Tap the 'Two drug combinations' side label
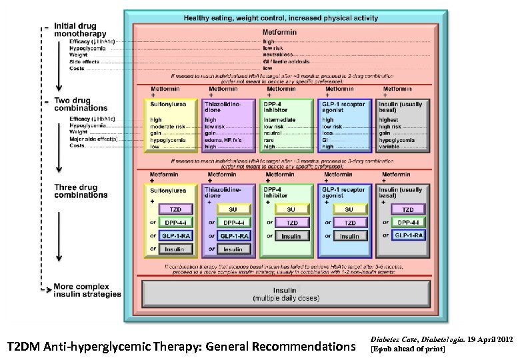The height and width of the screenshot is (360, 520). point(81,103)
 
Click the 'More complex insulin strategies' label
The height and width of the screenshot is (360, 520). point(88,290)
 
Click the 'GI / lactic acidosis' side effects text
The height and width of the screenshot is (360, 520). point(283,61)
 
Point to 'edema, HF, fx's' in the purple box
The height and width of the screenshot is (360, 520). point(223,139)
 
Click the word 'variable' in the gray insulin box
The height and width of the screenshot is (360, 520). point(391,146)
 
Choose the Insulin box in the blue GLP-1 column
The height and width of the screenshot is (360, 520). point(349,236)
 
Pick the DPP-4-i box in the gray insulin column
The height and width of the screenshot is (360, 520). point(406,222)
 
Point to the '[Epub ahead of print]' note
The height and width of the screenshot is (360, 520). point(407,349)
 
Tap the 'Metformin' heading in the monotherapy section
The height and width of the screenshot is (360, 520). point(281,31)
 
